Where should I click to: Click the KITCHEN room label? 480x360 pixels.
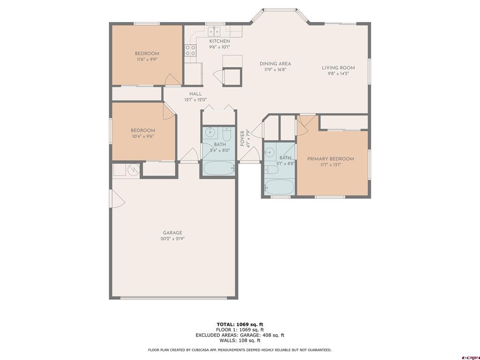(219, 41)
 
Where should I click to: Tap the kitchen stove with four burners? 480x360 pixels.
(190, 51)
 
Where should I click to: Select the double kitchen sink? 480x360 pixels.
(215, 31)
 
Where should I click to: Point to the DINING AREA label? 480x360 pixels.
(275, 64)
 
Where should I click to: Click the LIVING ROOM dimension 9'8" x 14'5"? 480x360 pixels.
(338, 74)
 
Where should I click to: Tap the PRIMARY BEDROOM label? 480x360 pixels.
(330, 159)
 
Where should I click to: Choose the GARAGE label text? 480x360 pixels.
(172, 233)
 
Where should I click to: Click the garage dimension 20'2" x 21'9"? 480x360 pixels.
(172, 239)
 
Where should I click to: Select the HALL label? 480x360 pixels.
(195, 94)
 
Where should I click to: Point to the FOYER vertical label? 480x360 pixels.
(242, 138)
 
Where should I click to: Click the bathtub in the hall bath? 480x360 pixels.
(218, 167)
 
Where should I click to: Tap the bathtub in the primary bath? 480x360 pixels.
(279, 186)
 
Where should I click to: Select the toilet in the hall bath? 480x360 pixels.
(226, 135)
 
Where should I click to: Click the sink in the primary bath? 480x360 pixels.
(270, 153)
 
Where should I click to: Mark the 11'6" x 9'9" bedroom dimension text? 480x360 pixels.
(147, 60)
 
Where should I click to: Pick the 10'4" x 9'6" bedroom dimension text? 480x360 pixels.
(142, 136)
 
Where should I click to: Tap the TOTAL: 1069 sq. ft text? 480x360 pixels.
(240, 324)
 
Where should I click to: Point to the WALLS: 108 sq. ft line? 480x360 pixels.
(240, 340)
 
